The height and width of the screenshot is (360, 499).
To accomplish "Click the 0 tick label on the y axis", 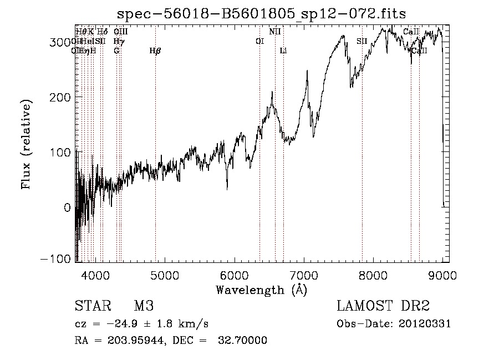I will click(x=67, y=207).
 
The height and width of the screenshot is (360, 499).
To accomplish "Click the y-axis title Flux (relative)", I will click(x=26, y=144).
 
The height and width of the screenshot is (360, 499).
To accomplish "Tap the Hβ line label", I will click(x=155, y=51).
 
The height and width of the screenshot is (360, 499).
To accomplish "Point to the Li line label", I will click(x=283, y=51).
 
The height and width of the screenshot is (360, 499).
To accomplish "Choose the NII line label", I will click(x=275, y=32).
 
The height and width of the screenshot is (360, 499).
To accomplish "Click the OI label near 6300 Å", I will click(x=259, y=41).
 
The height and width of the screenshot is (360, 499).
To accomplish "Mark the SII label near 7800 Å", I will click(x=362, y=41).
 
